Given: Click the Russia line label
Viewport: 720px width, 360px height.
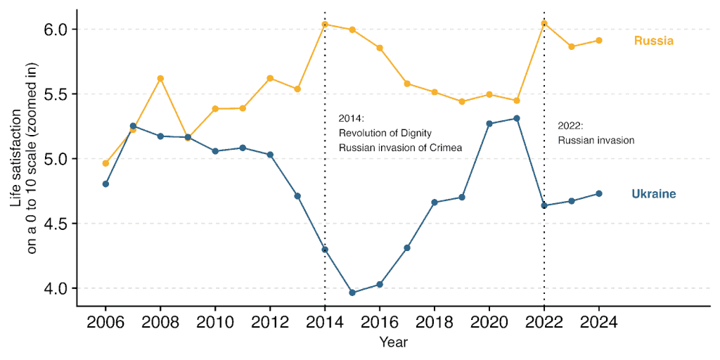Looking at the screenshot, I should coord(653,41).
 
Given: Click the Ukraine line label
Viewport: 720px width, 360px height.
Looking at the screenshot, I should coord(654,194).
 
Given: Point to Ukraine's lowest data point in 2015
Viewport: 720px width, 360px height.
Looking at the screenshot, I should coord(352,292).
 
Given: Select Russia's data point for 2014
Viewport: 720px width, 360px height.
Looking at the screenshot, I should coord(325,25).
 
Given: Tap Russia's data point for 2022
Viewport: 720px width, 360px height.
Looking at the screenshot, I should coord(544,23).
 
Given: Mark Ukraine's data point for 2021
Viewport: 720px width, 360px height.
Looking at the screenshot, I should coord(517,118).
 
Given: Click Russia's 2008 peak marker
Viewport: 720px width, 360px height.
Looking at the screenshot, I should coord(160,78).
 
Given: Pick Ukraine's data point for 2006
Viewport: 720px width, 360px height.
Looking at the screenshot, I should coord(105,184).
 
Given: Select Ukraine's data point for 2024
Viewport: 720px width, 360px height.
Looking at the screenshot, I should coord(599,193).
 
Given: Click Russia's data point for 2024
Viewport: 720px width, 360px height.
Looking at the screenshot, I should coord(599,40).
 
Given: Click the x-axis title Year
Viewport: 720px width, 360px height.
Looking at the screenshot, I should coord(394,343).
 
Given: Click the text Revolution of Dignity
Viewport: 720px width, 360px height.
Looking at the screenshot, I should coord(385,133).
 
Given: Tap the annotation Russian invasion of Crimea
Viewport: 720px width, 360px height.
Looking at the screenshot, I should coord(394,147).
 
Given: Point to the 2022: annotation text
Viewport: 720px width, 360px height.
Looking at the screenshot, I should coord(570,126).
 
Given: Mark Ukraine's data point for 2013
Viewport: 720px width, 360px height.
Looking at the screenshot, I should coord(297,195).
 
